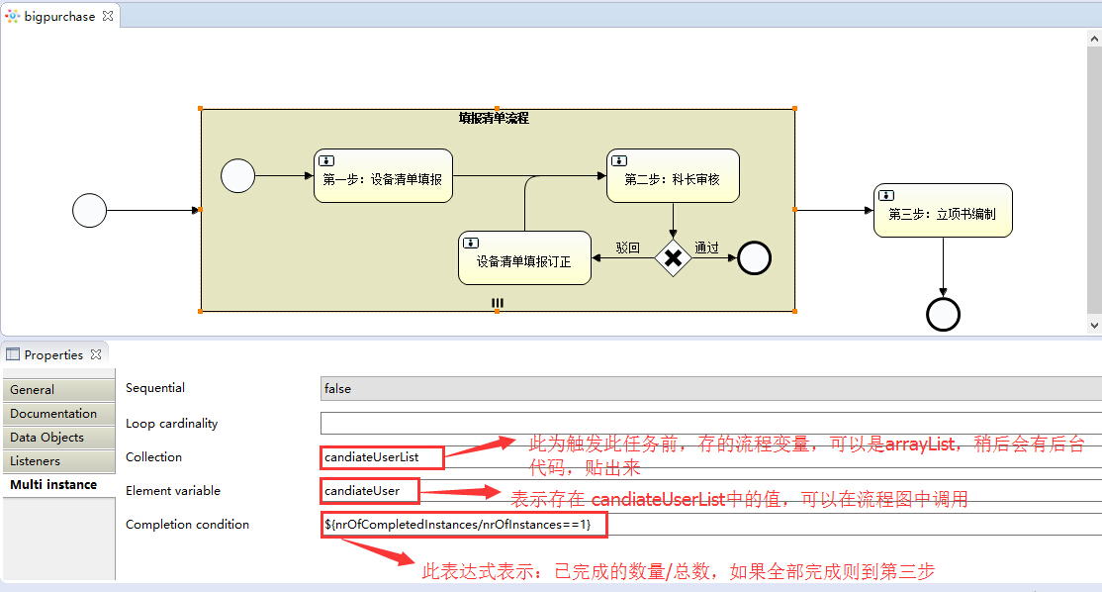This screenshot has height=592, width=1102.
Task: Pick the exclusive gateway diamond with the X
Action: coord(673,257)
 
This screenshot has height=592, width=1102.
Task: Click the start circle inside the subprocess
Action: coord(238,176)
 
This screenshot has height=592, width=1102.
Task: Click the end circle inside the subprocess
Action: coord(754,257)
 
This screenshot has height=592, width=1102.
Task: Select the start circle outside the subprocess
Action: coord(89,210)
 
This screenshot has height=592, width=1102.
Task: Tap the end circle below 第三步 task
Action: coord(943,314)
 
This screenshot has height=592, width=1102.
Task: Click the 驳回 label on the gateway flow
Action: coord(627,247)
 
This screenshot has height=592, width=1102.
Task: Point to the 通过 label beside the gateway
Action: coord(706,247)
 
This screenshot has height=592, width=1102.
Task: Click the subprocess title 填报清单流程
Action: coord(494,118)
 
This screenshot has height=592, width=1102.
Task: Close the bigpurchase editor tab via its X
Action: coord(108,16)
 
